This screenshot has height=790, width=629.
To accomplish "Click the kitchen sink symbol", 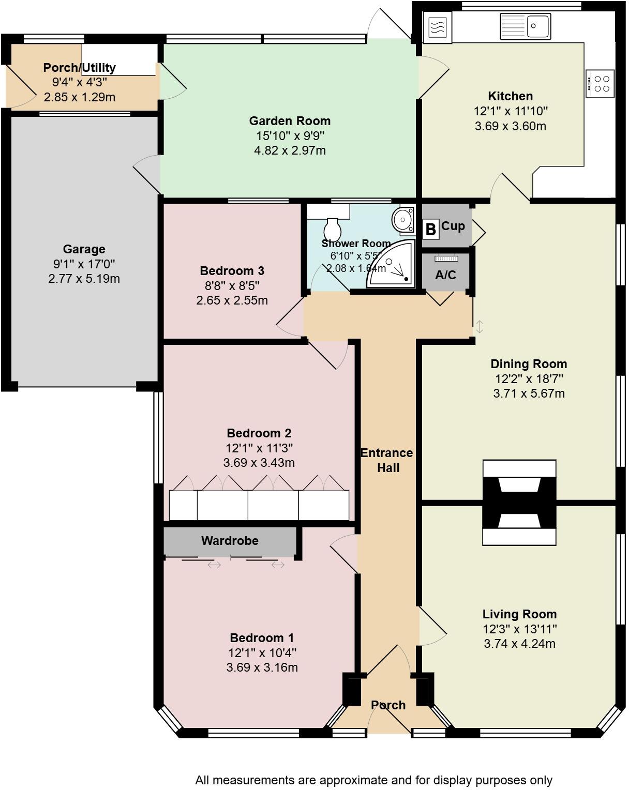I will point(525,26).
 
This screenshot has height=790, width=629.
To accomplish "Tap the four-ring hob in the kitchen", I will point(601,84).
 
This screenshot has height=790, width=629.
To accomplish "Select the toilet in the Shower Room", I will point(332,227).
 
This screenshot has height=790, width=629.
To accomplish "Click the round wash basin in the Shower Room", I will point(402,220).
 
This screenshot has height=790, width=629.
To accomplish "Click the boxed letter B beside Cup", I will point(430,229).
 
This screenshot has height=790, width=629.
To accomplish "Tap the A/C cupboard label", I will point(445,275).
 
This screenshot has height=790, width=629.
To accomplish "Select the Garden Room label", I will point(290,121).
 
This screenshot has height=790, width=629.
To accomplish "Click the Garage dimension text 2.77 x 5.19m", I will point(84,279).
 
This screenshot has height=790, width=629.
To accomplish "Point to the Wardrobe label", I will point(230,541).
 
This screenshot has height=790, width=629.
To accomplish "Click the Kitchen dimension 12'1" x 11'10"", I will point(510,111).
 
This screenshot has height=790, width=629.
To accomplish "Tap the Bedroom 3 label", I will point(232,271).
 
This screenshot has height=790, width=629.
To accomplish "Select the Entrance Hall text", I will point(387,460).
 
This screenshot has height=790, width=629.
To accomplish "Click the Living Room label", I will point(519,614).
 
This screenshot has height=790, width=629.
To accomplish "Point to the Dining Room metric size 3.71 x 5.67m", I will point(529,393).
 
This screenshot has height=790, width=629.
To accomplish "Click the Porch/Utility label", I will point(79,68).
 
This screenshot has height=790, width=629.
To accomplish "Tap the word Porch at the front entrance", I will point(388,705).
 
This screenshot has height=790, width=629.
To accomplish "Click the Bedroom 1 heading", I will point(262,638).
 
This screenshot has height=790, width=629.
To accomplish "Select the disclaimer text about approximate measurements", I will point(373,780).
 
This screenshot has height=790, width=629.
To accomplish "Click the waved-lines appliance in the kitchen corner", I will point(437,27).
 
